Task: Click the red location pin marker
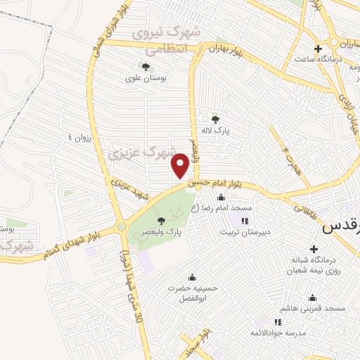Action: tap(181, 165)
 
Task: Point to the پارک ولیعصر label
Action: tap(164, 232)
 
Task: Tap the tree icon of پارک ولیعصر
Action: tap(162, 220)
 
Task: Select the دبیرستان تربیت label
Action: tap(243, 231)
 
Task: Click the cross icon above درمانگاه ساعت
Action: tap(319, 49)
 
